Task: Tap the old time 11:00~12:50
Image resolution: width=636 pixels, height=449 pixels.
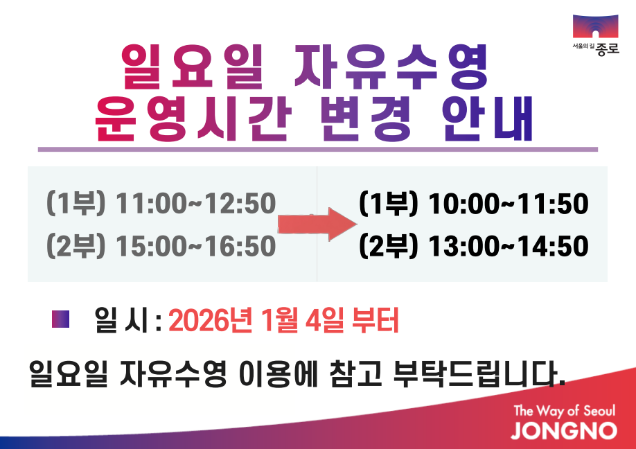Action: pos(196,204)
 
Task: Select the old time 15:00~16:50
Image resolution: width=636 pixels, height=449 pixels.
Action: pos(196,245)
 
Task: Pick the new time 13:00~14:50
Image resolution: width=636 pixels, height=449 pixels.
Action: pos(509,245)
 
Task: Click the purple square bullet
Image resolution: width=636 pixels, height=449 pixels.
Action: pos(61,319)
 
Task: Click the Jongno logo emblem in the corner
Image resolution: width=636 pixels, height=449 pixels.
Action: pos(595,28)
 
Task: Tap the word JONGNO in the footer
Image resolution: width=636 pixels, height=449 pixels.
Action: pos(564,430)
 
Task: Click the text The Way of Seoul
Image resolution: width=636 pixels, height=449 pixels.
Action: pos(564,410)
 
